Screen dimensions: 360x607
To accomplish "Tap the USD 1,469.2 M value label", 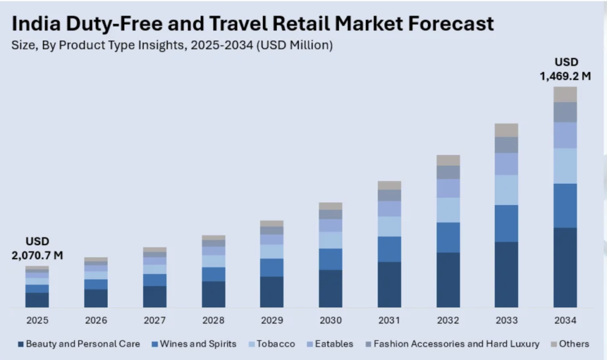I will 566,69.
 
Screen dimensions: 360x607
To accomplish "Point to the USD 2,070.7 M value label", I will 37,249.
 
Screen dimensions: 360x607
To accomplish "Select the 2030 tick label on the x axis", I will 330,320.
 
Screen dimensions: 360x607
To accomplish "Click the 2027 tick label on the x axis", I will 155,320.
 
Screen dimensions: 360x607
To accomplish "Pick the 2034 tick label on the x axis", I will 565,320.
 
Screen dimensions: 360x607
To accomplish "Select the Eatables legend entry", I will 331,344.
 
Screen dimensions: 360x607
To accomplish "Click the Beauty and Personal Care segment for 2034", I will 565,267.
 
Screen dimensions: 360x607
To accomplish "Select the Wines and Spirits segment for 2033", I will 506,223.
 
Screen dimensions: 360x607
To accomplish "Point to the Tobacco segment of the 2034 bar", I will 565,165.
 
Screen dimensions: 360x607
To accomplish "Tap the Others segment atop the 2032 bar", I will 448,160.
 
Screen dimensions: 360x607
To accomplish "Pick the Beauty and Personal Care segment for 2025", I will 37,300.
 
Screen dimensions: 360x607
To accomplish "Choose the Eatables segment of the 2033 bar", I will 506,164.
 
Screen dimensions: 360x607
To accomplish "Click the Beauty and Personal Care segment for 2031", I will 389,285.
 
